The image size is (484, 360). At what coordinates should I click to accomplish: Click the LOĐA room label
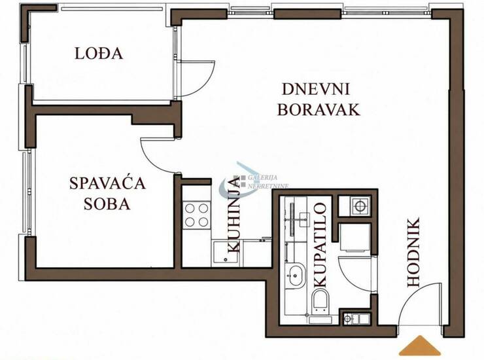[99, 53]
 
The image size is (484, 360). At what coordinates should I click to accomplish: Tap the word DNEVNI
[316, 89]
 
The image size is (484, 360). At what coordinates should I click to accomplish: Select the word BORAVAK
[319, 109]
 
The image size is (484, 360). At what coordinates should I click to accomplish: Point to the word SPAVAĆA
[107, 183]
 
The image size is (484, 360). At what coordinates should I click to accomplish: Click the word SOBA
[107, 204]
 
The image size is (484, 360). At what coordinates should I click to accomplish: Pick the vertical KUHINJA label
[233, 215]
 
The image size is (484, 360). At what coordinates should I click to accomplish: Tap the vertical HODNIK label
[413, 253]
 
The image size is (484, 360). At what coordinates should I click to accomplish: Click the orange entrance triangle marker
[420, 345]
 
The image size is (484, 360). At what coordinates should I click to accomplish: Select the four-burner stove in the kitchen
[197, 215]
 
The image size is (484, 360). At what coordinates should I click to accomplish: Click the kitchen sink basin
[225, 253]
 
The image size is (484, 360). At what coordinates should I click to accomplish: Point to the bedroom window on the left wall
[28, 192]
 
